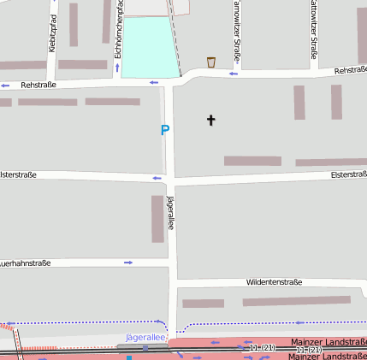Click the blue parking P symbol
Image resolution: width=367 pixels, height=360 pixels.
click(x=165, y=130)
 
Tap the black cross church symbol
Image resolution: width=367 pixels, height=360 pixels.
click(x=211, y=120)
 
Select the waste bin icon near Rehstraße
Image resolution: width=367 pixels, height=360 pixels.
click(x=211, y=62)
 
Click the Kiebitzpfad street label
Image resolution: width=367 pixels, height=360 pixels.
click(x=53, y=32)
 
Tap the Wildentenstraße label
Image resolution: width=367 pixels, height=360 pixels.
click(x=274, y=281)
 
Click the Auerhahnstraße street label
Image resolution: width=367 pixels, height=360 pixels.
click(x=26, y=263)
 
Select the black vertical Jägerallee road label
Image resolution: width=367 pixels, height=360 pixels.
click(x=171, y=212)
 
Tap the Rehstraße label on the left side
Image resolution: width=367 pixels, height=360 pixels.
click(x=38, y=85)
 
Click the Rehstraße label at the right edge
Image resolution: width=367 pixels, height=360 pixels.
click(x=350, y=70)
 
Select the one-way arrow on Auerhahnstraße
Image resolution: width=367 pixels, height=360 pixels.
click(x=128, y=263)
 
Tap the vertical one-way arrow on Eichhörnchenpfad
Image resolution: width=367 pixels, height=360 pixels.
click(x=117, y=67)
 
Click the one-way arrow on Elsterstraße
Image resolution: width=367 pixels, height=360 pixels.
click(x=157, y=178)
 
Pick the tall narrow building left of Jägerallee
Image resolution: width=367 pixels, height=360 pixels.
click(x=157, y=219)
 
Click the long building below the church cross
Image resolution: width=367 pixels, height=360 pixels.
click(x=252, y=161)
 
